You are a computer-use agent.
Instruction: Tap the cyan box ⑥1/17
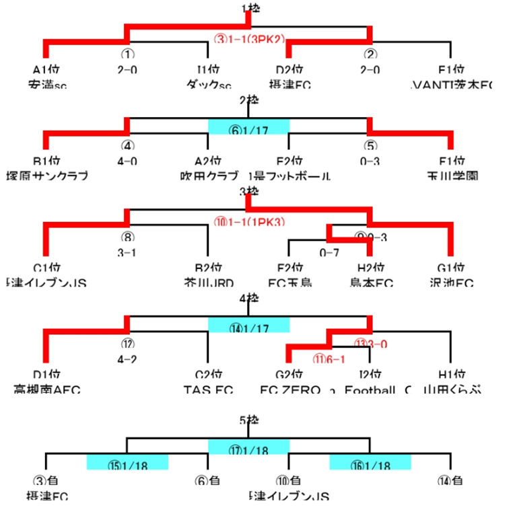(x=248, y=126)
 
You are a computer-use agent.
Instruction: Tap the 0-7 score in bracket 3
(x=329, y=252)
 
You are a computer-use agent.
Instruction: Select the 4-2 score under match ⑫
(x=127, y=359)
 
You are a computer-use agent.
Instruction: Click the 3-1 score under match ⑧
(x=127, y=252)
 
